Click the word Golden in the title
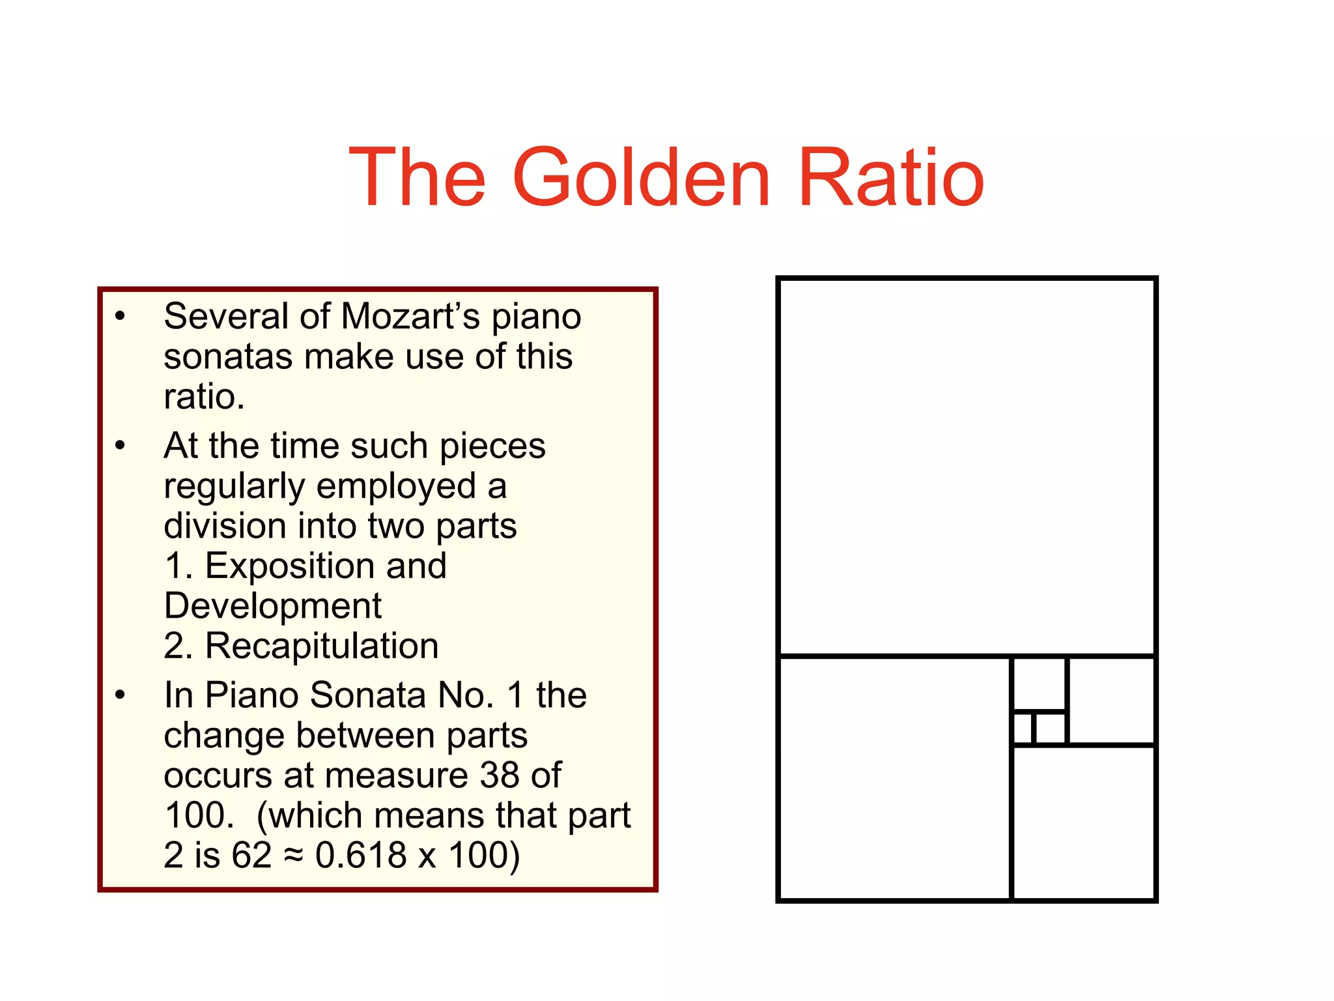[x=642, y=177]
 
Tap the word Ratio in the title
[x=890, y=177]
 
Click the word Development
[x=272, y=606]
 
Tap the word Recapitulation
[x=322, y=646]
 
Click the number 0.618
[x=361, y=855]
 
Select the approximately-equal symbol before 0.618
[x=293, y=856]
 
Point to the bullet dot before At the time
[x=120, y=446]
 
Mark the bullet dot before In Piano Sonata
[x=120, y=695]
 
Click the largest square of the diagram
[x=967, y=466]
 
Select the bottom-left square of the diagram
[x=894, y=778]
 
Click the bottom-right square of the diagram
[x=1084, y=822]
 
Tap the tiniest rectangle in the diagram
[x=1023, y=728]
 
